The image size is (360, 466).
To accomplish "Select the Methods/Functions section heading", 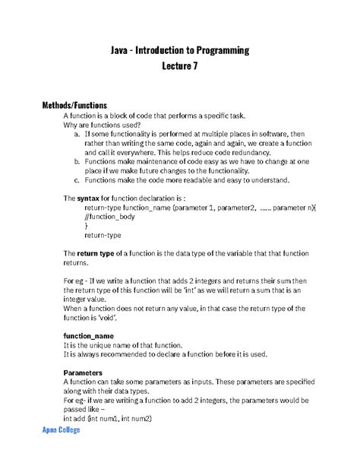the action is click(x=74, y=105).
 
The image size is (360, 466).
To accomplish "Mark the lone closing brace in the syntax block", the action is click(x=87, y=226).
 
